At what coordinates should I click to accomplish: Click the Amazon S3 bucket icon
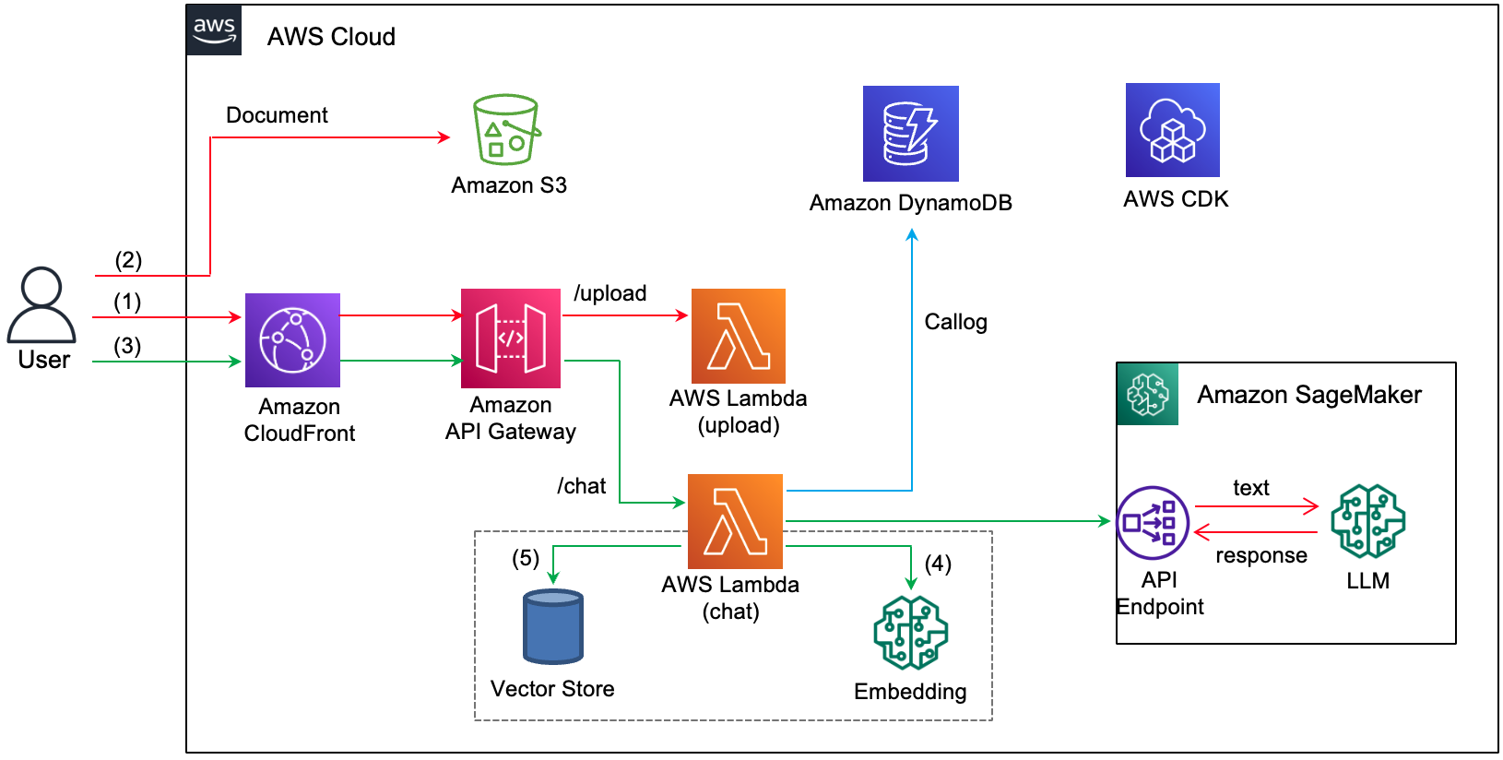click(x=506, y=130)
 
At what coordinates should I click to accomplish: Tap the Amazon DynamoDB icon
click(x=910, y=134)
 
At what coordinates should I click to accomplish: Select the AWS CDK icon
click(x=1172, y=130)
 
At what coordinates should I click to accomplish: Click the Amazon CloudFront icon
click(x=292, y=340)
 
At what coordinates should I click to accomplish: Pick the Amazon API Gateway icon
click(x=511, y=338)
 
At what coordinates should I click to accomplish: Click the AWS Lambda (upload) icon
click(x=738, y=336)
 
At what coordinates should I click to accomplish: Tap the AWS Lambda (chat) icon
click(x=735, y=521)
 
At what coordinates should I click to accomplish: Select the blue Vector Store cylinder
click(x=553, y=627)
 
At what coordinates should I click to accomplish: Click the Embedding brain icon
click(x=910, y=633)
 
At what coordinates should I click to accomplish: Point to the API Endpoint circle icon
click(x=1152, y=523)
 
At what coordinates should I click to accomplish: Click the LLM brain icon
click(x=1367, y=521)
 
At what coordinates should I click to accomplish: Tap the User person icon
click(x=41, y=305)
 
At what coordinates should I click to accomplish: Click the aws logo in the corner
click(x=214, y=30)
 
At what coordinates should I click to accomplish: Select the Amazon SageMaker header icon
click(x=1147, y=394)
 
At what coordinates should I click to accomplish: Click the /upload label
click(x=609, y=293)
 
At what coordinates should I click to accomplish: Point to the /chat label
click(x=581, y=486)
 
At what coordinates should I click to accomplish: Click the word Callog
click(x=955, y=322)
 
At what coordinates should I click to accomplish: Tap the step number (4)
click(x=938, y=564)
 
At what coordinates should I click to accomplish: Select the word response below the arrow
click(x=1260, y=555)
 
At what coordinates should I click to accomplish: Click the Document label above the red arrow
click(x=277, y=115)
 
